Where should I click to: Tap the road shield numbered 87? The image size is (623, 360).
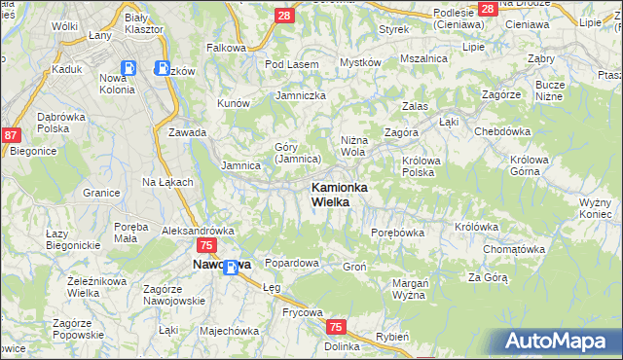(x=12, y=137)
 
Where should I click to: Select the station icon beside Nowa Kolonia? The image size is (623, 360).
(x=163, y=68)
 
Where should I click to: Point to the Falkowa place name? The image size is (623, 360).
(x=226, y=47)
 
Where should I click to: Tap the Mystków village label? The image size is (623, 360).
(x=359, y=63)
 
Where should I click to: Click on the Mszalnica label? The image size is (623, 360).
(x=423, y=58)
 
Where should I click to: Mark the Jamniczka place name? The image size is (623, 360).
(x=301, y=95)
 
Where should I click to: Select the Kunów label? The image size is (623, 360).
(x=235, y=102)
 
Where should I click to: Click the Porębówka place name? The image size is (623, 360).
(x=398, y=233)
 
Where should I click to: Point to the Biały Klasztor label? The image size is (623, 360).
(x=152, y=24)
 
